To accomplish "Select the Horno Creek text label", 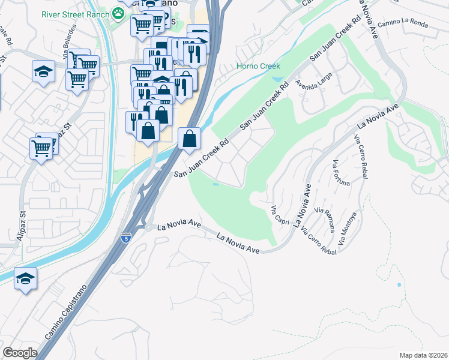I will [258, 66].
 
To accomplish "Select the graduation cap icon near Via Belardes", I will [43, 72].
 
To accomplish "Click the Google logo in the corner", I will [19, 353].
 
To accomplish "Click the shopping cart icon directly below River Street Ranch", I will [142, 25].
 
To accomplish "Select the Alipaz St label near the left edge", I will [24, 223].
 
